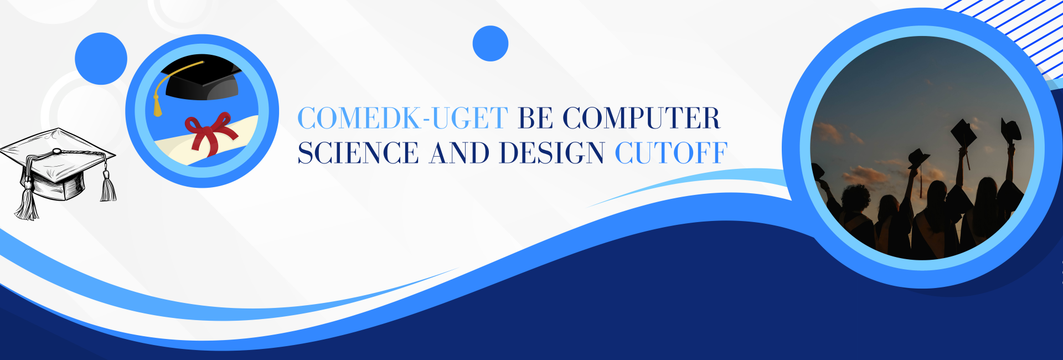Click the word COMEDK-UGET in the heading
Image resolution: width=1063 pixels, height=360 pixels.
coord(403,118)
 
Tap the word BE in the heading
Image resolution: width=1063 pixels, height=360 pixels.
coord(536,118)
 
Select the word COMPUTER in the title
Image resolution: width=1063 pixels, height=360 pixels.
coord(642,118)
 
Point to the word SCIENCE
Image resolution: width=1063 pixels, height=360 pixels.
coord(358,153)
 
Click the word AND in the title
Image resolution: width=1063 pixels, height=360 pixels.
coord(460,153)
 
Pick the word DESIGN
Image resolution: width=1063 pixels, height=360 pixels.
coord(551,153)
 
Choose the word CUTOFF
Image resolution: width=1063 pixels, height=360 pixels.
coord(671,153)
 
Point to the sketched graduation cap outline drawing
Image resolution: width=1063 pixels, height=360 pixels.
coord(58,172)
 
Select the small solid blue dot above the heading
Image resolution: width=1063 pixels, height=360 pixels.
coord(491,43)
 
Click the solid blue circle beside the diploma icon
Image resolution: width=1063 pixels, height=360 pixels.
coord(101,59)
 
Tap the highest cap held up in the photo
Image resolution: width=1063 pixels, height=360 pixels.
coord(1012,129)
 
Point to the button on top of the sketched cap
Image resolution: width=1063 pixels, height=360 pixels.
coord(56,151)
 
